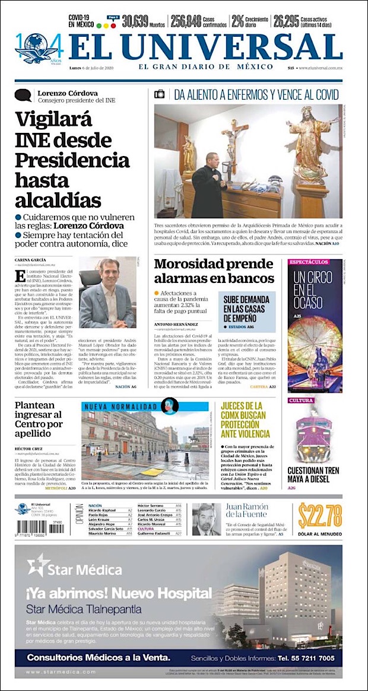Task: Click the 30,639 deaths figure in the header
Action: pyautogui.click(x=135, y=22)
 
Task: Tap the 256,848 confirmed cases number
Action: pyautogui.click(x=186, y=22)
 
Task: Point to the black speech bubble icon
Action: pyautogui.click(x=23, y=95)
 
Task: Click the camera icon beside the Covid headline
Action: pyautogui.click(x=159, y=94)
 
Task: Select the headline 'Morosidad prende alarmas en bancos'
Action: pyautogui.click(x=214, y=271)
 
